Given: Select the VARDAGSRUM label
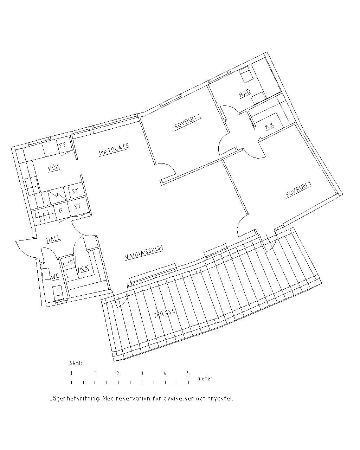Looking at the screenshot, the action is [144, 253].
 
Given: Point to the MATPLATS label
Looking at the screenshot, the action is [114, 149].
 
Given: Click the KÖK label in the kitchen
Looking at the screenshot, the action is [54, 168].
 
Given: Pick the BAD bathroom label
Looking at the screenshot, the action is [245, 93].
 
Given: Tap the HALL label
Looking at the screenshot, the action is [53, 239].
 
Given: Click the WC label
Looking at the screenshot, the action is [55, 277].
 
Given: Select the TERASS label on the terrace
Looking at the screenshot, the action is [164, 313].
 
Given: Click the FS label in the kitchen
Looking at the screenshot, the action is [63, 145].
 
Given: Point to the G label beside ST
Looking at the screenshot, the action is [61, 210].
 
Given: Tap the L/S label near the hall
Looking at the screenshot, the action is [69, 263].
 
